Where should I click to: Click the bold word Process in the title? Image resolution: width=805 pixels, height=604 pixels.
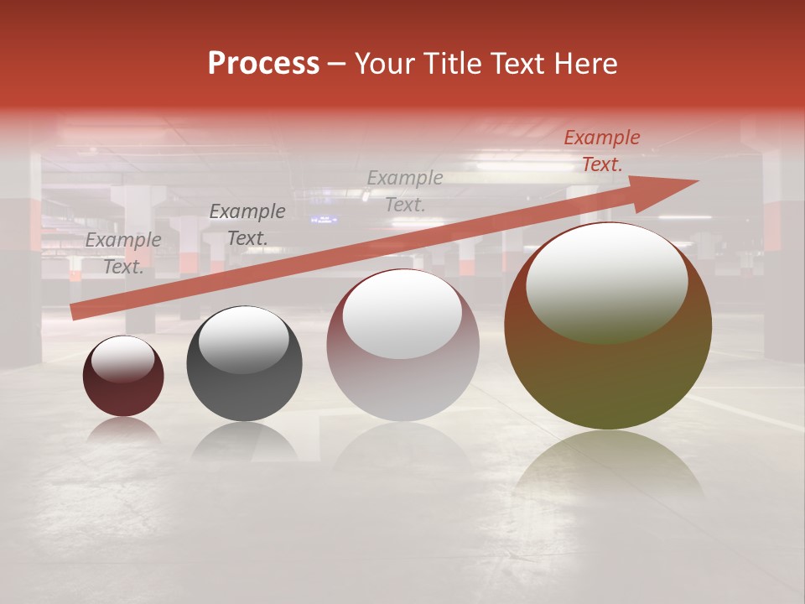(263, 64)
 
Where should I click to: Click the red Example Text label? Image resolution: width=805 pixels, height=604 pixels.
(601, 151)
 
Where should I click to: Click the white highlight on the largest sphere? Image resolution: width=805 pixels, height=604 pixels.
(606, 281)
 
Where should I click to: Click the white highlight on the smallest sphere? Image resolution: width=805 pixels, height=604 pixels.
(122, 360)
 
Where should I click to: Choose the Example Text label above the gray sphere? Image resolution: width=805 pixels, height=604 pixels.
(247, 225)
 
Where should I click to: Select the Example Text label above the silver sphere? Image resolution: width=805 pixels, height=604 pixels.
(405, 190)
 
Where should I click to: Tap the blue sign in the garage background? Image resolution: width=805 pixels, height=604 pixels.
(324, 220)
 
